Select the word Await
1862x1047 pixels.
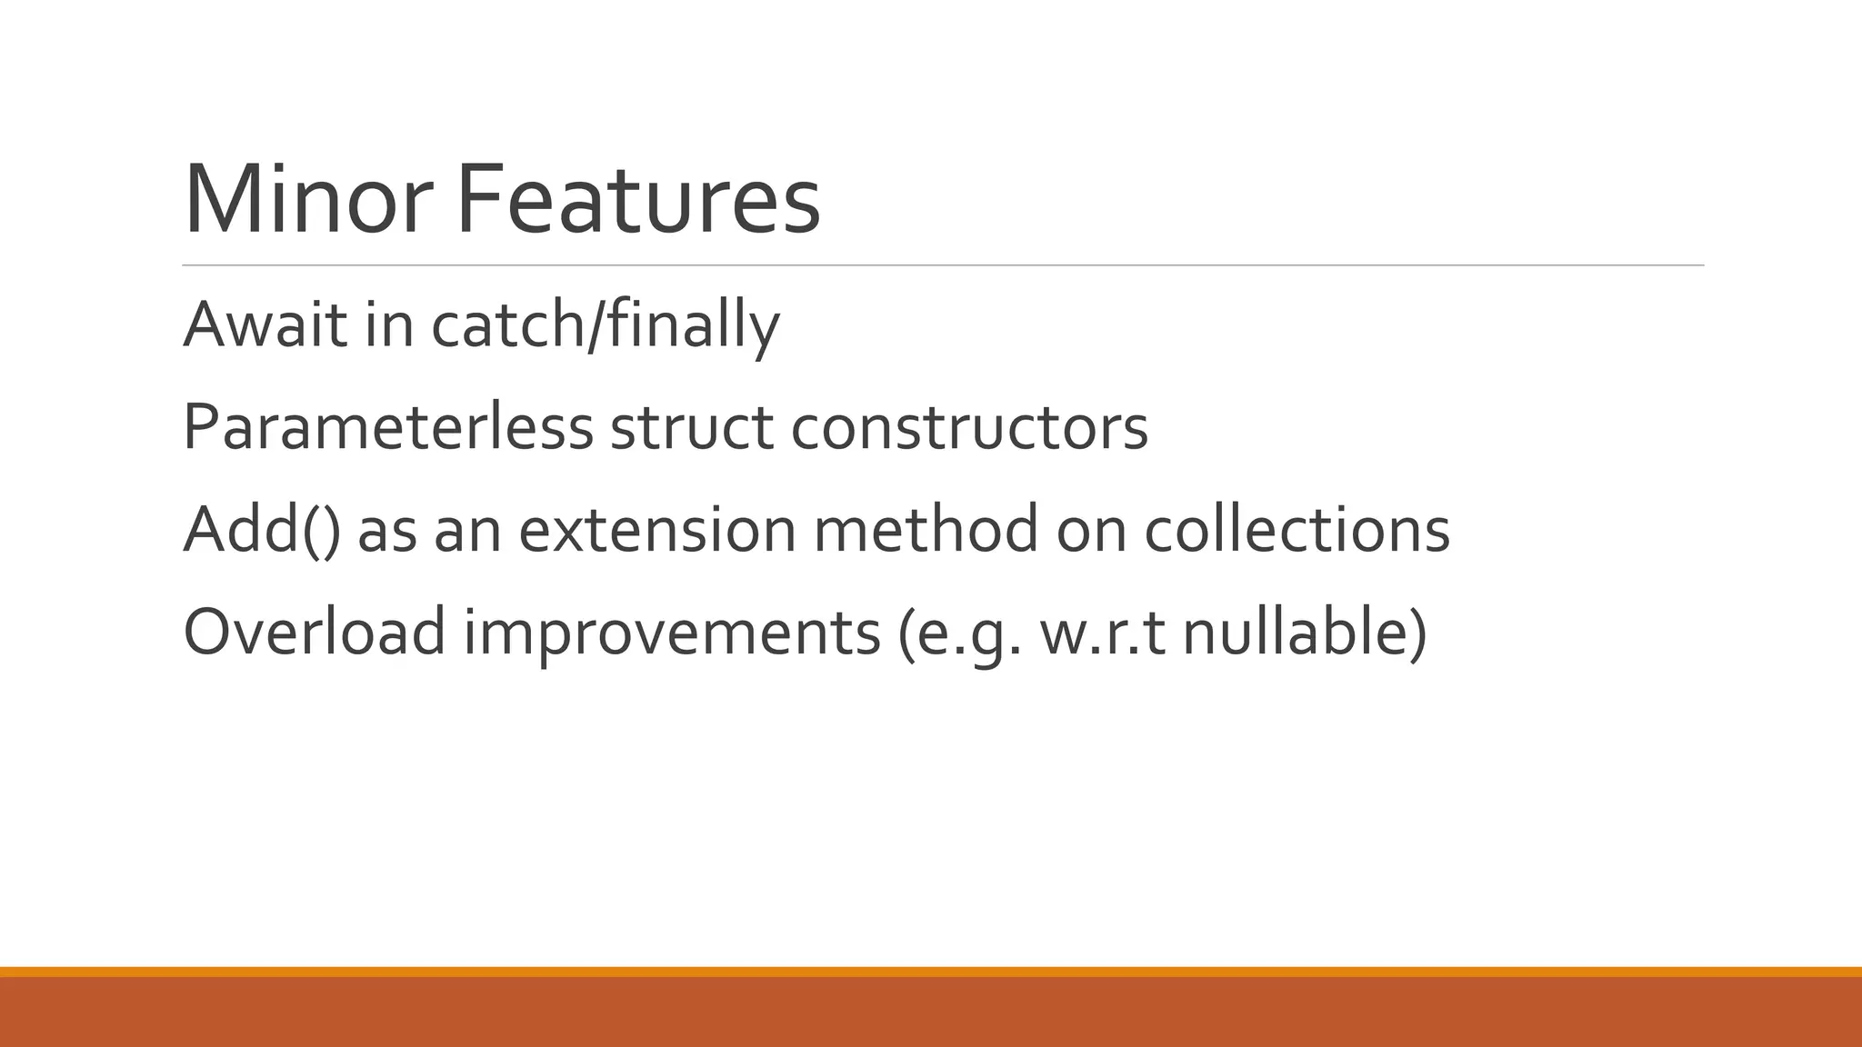pos(265,324)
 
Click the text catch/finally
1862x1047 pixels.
pos(605,324)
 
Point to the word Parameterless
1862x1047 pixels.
pos(387,427)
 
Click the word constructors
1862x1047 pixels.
pos(969,427)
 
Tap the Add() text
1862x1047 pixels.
pos(262,530)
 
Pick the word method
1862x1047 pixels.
pos(926,530)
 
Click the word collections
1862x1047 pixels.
pos(1296,530)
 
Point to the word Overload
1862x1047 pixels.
pos(315,633)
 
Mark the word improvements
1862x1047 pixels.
pos(672,633)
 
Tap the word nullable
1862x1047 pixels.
pos(1296,633)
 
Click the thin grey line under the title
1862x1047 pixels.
pos(943,265)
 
